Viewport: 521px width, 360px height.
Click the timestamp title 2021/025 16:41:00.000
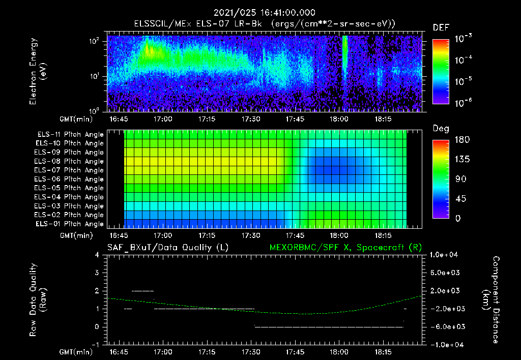(265, 13)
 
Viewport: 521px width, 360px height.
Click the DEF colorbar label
(441, 27)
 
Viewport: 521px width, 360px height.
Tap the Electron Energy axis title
(38, 71)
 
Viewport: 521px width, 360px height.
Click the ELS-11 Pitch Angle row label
(70, 135)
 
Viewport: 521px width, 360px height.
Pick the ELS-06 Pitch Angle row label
(70, 179)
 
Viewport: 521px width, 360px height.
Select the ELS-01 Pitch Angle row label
(70, 224)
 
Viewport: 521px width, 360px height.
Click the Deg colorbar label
(441, 129)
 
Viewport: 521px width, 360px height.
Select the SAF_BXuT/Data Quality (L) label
(167, 248)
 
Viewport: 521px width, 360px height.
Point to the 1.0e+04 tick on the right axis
(445, 255)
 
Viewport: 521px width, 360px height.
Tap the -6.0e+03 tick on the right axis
(445, 326)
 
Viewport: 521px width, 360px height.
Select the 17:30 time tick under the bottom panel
(251, 352)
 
